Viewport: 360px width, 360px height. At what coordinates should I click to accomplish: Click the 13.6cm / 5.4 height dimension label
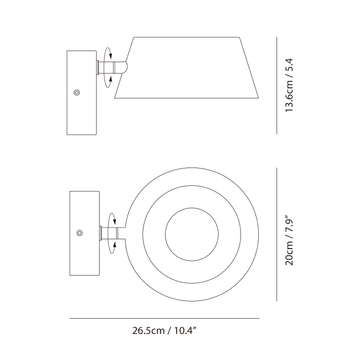click(x=289, y=85)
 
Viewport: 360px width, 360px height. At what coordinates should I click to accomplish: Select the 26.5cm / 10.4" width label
click(x=164, y=331)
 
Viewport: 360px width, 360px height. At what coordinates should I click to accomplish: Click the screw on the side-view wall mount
click(x=77, y=93)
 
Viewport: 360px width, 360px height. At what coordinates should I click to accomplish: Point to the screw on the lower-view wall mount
click(x=80, y=233)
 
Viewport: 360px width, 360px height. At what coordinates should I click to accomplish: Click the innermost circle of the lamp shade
click(x=192, y=208)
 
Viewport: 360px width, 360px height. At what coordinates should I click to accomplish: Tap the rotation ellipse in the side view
click(x=104, y=67)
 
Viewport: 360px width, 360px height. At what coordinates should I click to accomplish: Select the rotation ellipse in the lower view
click(x=108, y=233)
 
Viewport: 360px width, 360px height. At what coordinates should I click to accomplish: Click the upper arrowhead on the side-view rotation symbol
click(x=110, y=56)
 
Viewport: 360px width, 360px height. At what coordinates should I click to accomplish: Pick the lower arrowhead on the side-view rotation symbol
click(x=110, y=79)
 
